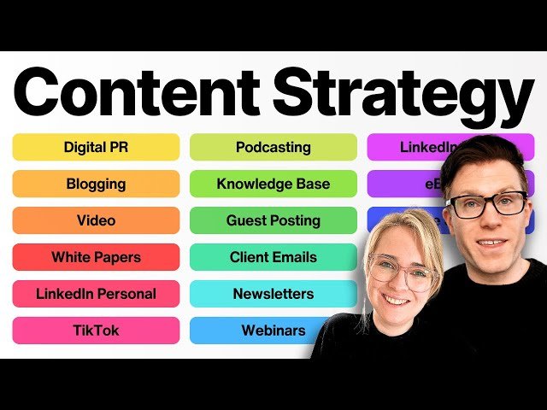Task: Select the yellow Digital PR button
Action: pyautogui.click(x=96, y=147)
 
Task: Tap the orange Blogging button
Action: pyautogui.click(x=96, y=184)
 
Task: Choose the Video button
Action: pyautogui.click(x=96, y=220)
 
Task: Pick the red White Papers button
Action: pyautogui.click(x=96, y=257)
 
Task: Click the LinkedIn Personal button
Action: pyautogui.click(x=96, y=294)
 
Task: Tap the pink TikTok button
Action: pyautogui.click(x=96, y=331)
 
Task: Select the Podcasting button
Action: pyautogui.click(x=273, y=147)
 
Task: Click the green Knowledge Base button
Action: pyautogui.click(x=273, y=184)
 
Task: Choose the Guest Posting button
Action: pyautogui.click(x=273, y=220)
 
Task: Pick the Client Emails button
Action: pyautogui.click(x=273, y=257)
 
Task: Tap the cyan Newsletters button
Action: pyautogui.click(x=273, y=294)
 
